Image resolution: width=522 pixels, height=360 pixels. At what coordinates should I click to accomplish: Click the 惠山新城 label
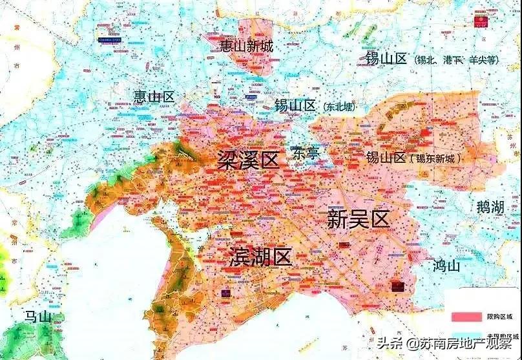[x=246, y=47]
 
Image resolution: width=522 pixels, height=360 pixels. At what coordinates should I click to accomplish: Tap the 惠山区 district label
[x=154, y=97]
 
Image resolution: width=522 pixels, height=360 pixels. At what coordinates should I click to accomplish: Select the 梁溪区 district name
[x=248, y=159]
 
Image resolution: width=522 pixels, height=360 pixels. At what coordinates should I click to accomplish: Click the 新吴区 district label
[x=359, y=220]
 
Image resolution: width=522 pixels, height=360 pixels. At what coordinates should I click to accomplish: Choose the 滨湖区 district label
[x=260, y=257]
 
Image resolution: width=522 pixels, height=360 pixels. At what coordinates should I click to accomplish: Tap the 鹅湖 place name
[x=490, y=207]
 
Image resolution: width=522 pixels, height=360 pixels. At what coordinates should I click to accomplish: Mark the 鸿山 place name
[x=446, y=265]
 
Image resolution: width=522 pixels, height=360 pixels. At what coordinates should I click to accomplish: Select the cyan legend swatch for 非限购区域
[x=466, y=336]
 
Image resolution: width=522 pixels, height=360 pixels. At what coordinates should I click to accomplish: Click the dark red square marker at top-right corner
[x=481, y=20]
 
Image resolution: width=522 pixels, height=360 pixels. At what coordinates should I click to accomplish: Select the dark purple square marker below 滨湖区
[x=225, y=293]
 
